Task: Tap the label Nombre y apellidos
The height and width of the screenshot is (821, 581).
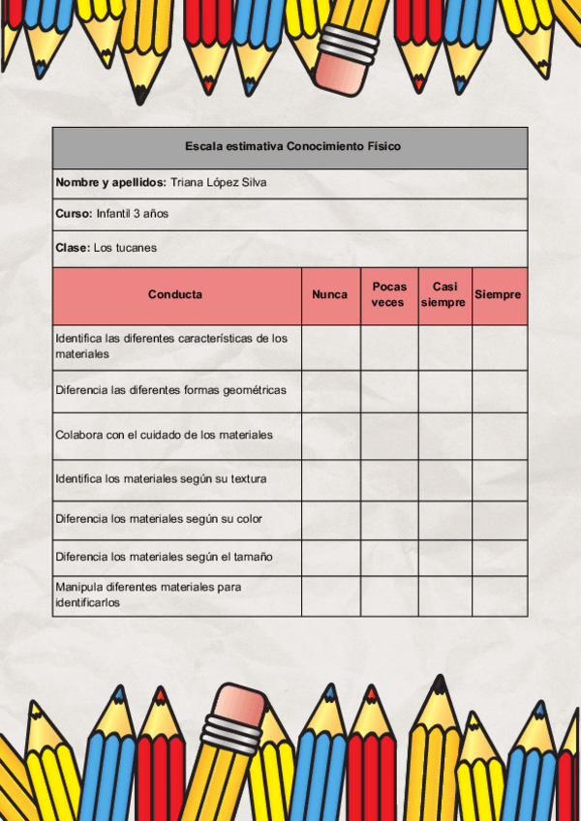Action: (x=110, y=182)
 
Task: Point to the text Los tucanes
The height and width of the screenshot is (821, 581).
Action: (x=125, y=248)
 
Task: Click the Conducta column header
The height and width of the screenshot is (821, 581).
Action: (x=175, y=294)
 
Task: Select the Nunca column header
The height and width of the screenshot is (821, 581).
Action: (x=330, y=294)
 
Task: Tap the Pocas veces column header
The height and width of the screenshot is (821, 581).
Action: (x=388, y=294)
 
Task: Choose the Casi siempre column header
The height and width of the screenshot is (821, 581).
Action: (x=444, y=294)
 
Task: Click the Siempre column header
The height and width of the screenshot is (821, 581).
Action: (x=499, y=294)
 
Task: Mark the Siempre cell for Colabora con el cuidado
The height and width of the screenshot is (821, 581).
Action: (x=500, y=436)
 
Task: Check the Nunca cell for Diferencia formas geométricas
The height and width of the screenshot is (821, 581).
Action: (x=330, y=391)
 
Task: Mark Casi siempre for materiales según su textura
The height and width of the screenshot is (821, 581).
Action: (x=444, y=479)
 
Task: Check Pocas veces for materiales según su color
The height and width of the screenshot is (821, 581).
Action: (x=389, y=520)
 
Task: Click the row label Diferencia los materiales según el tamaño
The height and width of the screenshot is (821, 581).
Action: (x=164, y=557)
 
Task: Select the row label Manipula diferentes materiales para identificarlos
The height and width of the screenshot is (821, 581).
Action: (x=149, y=594)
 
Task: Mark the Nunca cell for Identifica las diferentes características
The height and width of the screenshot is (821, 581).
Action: (x=330, y=347)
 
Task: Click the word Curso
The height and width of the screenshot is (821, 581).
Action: (x=73, y=214)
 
